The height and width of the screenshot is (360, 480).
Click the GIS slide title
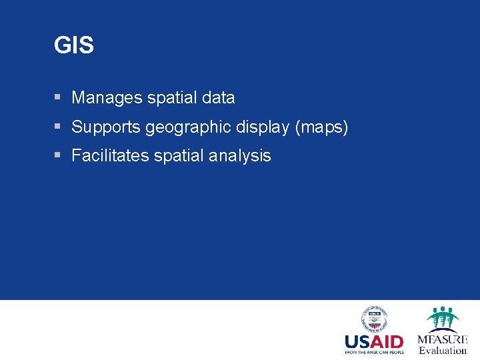point(74,45)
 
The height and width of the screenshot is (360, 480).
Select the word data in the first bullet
point(218,98)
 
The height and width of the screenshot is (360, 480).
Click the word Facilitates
point(110,156)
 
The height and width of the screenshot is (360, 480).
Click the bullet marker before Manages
point(58,97)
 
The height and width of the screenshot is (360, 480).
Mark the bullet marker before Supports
point(58,126)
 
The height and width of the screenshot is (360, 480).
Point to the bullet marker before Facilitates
point(58,155)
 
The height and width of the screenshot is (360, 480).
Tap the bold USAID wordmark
point(374,342)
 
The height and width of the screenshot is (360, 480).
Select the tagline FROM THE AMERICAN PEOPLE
point(374,353)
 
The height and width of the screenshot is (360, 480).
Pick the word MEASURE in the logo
point(443,339)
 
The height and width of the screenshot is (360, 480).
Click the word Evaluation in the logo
point(443,351)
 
